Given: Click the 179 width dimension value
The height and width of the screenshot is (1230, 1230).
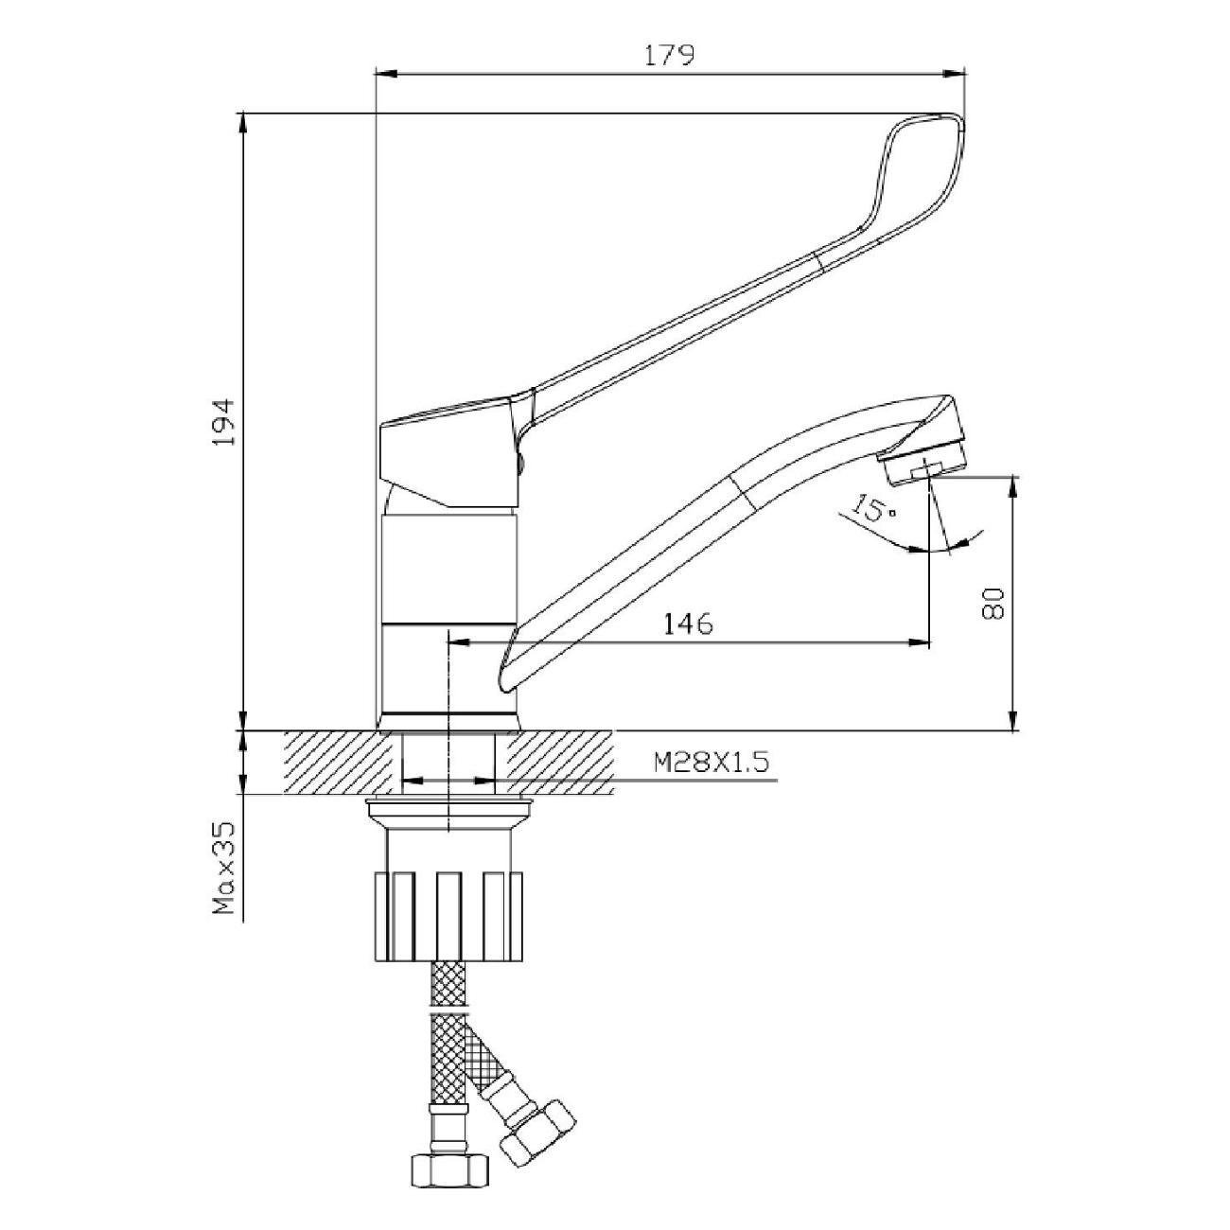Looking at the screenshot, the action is coord(668,56).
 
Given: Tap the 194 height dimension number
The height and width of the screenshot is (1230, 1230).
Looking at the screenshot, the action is coord(224,422).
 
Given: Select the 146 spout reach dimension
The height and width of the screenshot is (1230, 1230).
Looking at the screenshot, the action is coord(688,624).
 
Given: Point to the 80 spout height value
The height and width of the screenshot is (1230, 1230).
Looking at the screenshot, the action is coord(993,603).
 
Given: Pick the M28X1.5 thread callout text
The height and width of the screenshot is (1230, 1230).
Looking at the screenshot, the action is coord(712,762).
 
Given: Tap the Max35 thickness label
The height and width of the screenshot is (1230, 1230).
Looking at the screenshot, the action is coord(224,878).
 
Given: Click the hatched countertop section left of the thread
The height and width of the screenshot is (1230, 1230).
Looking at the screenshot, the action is coord(338,763).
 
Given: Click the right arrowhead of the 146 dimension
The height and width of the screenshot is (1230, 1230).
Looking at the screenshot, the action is coord(919,642).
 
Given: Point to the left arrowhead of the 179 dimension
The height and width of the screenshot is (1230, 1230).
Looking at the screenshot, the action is coord(387,74).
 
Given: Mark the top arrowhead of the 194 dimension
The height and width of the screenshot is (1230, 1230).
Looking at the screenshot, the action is coord(243,124).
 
